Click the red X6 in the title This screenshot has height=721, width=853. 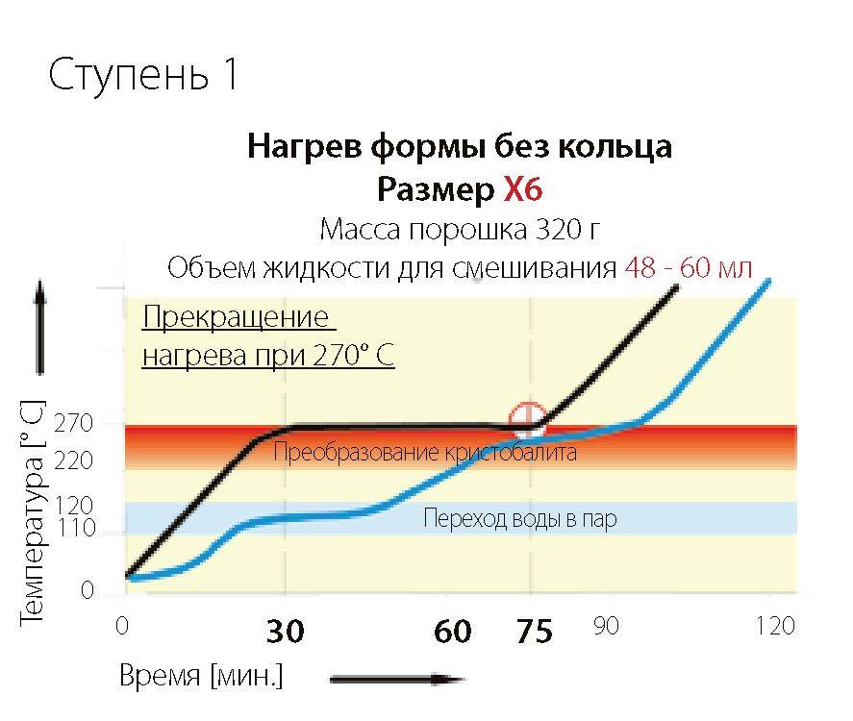pyautogui.click(x=523, y=189)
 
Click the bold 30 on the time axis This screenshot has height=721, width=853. pyautogui.click(x=285, y=632)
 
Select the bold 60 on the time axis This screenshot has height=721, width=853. pyautogui.click(x=452, y=632)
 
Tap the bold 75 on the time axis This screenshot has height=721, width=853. pyautogui.click(x=534, y=632)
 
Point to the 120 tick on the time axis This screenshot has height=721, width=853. pyautogui.click(x=775, y=627)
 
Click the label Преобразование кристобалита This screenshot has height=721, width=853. pyautogui.click(x=425, y=452)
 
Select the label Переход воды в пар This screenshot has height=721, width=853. pyautogui.click(x=520, y=520)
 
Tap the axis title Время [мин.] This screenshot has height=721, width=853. pyautogui.click(x=201, y=675)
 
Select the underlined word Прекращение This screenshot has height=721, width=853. pyautogui.click(x=235, y=316)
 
